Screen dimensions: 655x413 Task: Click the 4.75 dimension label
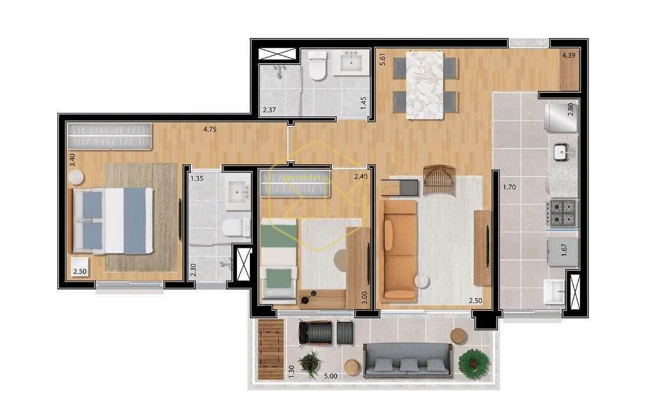pos(210,129)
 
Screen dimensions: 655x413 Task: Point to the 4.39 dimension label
pos(569,55)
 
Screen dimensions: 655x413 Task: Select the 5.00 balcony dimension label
pos(330,376)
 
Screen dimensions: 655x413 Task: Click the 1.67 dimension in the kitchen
pos(563,250)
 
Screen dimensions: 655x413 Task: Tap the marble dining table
pos(425,84)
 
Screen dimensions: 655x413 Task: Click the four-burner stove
pos(562,213)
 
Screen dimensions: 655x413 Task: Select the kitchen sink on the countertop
pos(561,151)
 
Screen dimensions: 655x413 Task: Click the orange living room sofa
pos(399,251)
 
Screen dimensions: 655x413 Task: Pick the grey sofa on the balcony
pos(408,360)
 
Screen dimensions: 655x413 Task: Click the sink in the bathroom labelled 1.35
pos(237,193)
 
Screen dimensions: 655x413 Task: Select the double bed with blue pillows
pos(113,220)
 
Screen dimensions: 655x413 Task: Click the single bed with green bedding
pos(279,259)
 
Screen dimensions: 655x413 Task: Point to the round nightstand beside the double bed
pos(76,177)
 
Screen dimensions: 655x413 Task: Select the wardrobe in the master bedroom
pos(109,136)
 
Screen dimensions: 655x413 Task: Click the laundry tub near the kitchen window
pos(555,292)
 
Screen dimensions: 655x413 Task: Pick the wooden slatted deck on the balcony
pos(271,349)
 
